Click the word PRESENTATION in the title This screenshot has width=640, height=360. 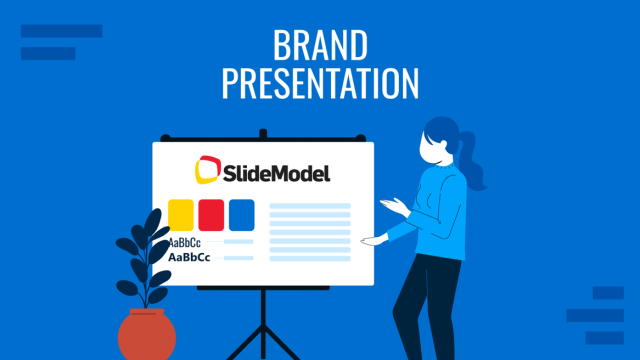(x=321, y=85)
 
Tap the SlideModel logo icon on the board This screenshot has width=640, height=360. (x=206, y=171)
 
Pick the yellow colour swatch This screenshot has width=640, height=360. (x=181, y=214)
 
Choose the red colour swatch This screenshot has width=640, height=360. (x=211, y=214)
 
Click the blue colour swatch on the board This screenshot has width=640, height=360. (x=241, y=214)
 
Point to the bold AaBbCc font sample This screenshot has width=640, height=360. (x=189, y=257)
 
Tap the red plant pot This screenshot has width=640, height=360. (x=146, y=335)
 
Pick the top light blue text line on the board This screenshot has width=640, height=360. (x=311, y=206)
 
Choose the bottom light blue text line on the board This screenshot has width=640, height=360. (x=311, y=258)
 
